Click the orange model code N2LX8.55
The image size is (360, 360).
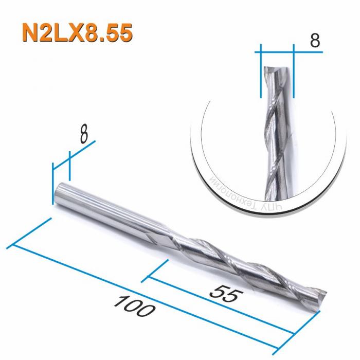(77, 32)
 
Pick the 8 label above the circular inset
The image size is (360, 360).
(315, 41)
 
